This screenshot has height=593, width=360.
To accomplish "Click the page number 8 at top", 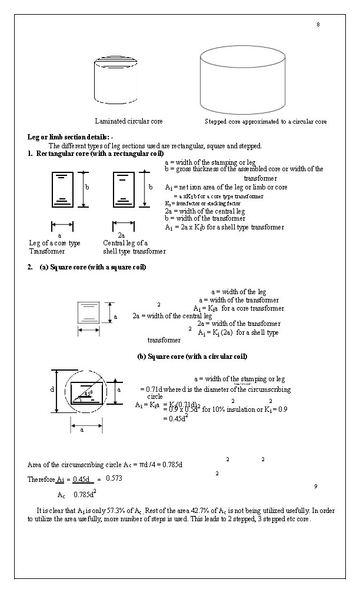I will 318,24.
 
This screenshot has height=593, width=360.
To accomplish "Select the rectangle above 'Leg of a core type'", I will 63,189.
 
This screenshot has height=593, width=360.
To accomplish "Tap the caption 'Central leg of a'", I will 125,242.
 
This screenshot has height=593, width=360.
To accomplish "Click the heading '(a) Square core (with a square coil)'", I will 92,267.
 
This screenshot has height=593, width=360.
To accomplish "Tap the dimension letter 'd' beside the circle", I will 52,390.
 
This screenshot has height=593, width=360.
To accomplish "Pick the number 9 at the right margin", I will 316,486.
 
